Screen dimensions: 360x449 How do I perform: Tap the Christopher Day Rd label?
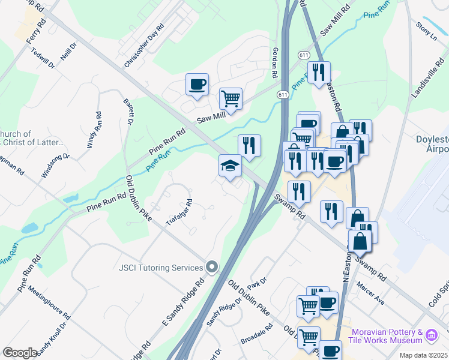pyautogui.click(x=144, y=46)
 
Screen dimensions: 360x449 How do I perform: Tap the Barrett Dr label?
pyautogui.click(x=127, y=112)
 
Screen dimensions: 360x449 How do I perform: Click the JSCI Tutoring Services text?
pyautogui.click(x=162, y=267)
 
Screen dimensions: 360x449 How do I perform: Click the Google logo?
pyautogui.click(x=20, y=353)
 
